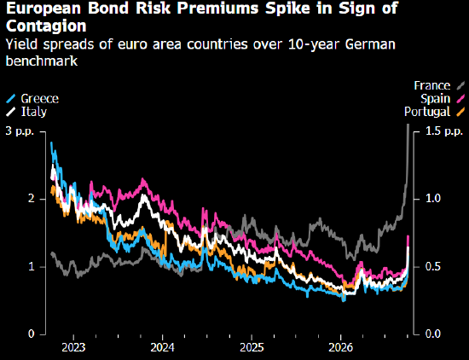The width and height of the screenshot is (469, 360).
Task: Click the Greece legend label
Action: click(x=40, y=98)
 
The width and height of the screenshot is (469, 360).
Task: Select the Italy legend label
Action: click(x=34, y=112)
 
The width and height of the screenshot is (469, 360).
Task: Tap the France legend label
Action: click(x=432, y=85)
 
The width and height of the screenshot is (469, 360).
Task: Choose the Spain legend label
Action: click(x=435, y=98)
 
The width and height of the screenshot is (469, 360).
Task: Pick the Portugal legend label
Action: click(x=427, y=112)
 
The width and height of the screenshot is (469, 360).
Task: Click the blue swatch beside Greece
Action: click(x=11, y=98)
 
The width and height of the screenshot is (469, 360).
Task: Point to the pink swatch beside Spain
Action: click(x=461, y=98)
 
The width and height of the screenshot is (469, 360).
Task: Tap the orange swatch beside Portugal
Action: click(x=461, y=112)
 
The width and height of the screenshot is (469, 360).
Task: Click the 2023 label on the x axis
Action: click(x=73, y=348)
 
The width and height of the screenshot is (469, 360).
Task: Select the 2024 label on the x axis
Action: click(x=162, y=348)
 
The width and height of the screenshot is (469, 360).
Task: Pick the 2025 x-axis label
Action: click(x=252, y=348)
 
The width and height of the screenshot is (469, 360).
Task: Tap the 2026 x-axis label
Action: click(x=341, y=348)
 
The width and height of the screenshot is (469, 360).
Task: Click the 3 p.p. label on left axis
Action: click(x=20, y=131)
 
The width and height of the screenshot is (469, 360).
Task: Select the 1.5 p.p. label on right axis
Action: click(x=444, y=131)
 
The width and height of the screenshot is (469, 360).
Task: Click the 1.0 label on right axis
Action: click(x=433, y=199)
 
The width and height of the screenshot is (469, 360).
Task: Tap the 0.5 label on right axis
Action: click(x=433, y=266)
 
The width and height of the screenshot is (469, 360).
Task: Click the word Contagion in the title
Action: click(x=46, y=26)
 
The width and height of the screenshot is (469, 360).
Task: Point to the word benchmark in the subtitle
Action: click(x=42, y=61)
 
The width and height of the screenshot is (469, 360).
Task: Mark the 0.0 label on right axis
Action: click(x=433, y=334)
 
